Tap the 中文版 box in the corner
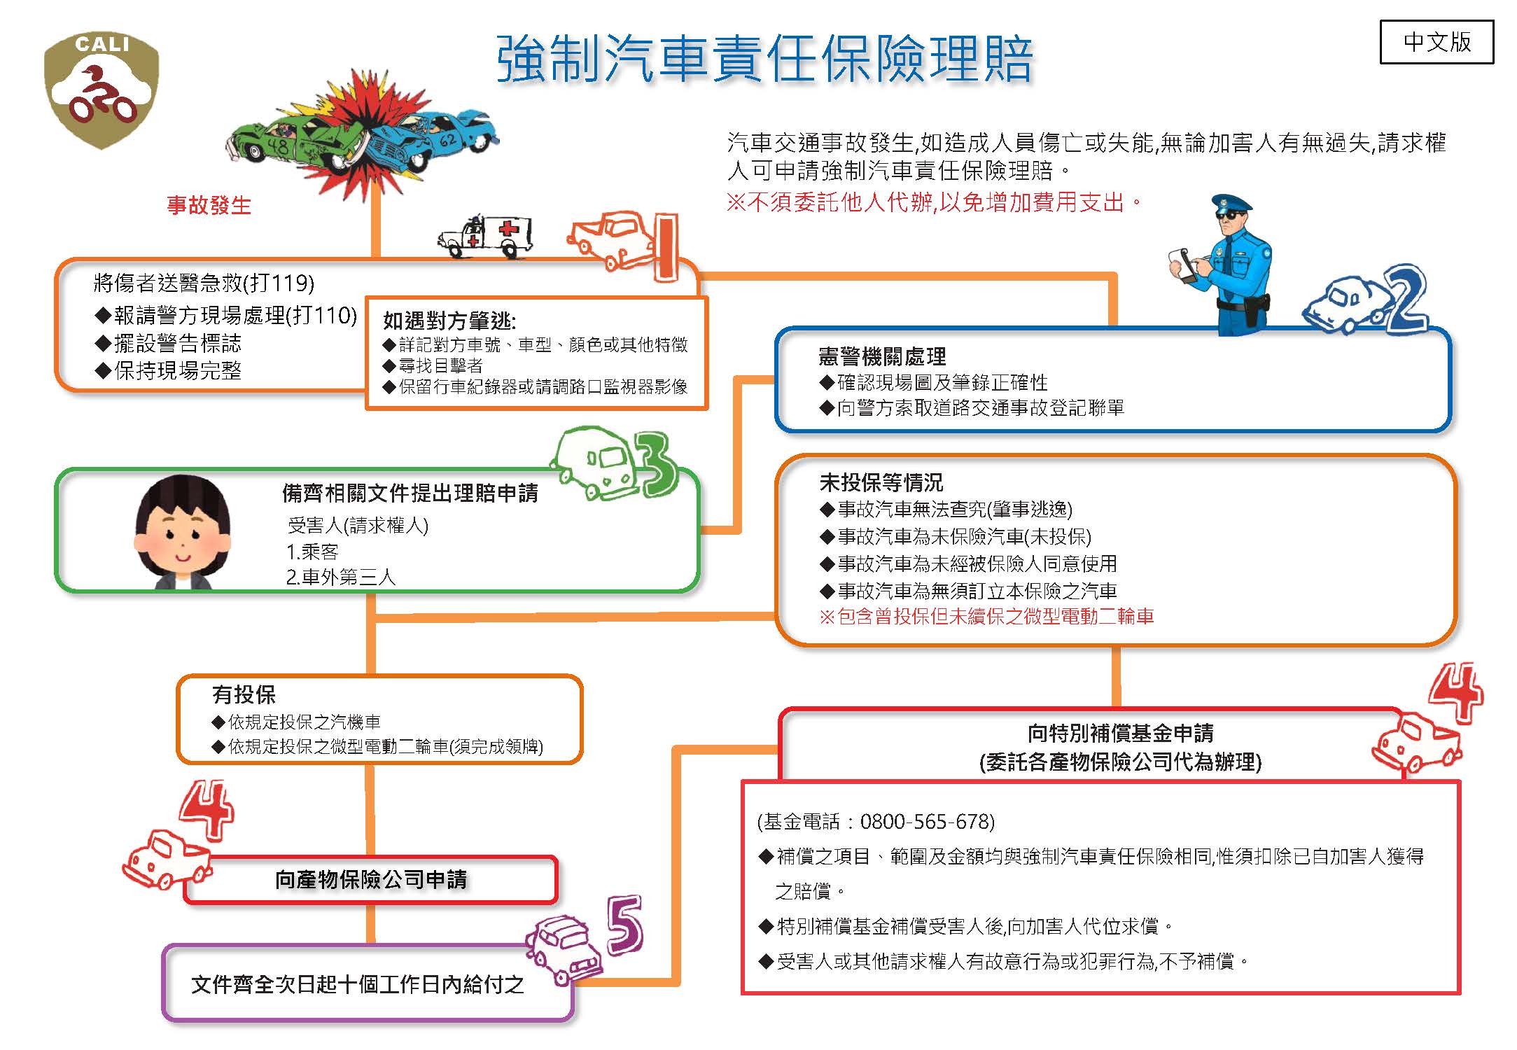pos(1436,42)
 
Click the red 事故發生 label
pos(209,205)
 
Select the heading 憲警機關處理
pos(881,356)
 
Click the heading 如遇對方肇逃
pos(449,321)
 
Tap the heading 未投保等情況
pos(881,482)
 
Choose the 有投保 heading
pos(244,694)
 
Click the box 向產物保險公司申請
pos(370,879)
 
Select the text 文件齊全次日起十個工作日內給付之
pos(357,984)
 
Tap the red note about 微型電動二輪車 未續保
pos(986,617)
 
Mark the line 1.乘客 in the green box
pos(312,552)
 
